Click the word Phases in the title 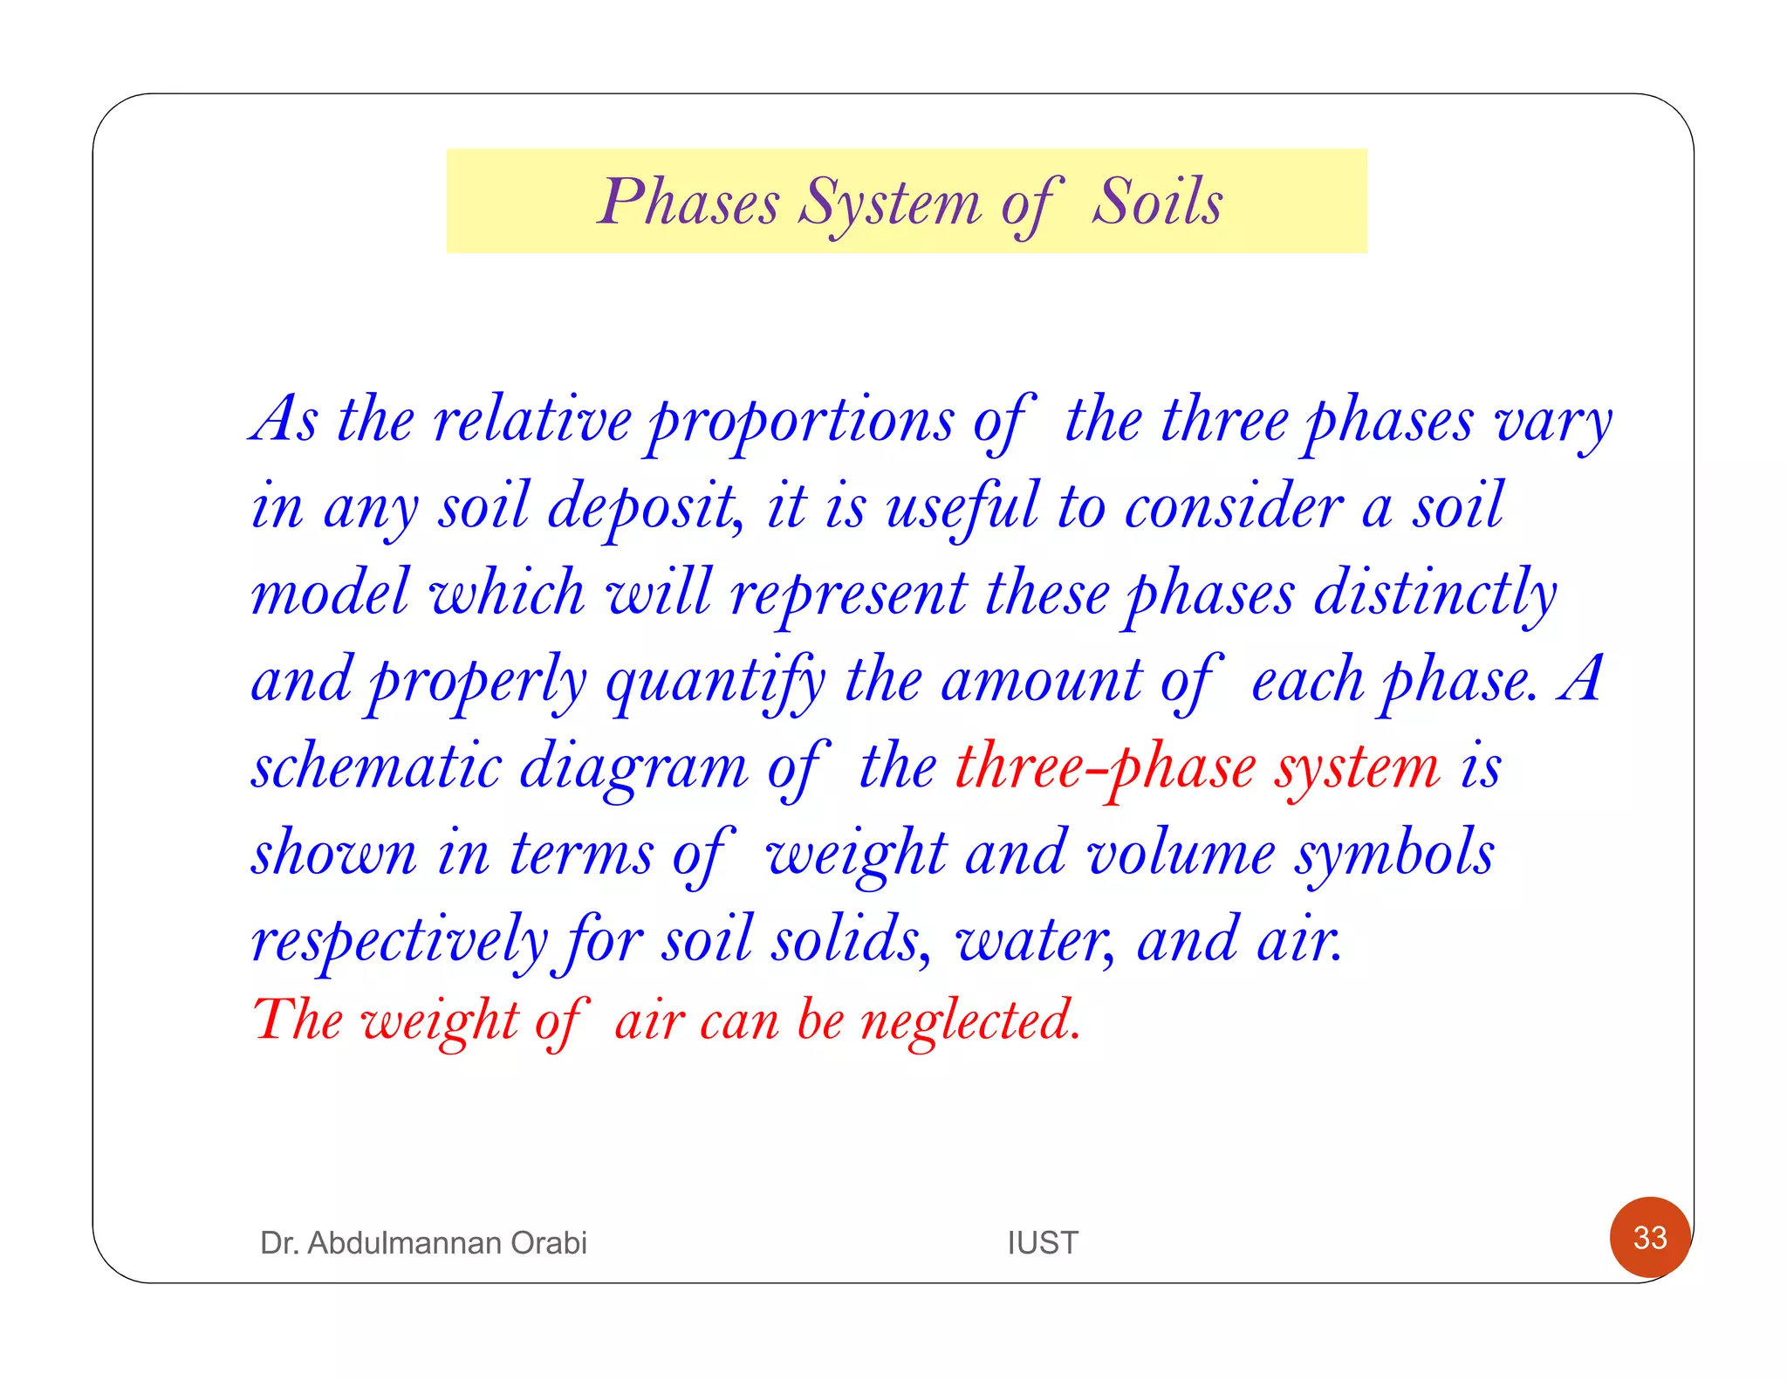click(688, 203)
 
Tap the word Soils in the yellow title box click(1157, 202)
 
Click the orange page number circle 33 click(1650, 1237)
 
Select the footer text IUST click(1043, 1242)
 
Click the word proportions click(802, 423)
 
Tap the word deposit click(645, 508)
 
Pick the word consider click(1234, 506)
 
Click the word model click(331, 593)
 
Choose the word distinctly click(1435, 594)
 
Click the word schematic click(377, 766)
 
